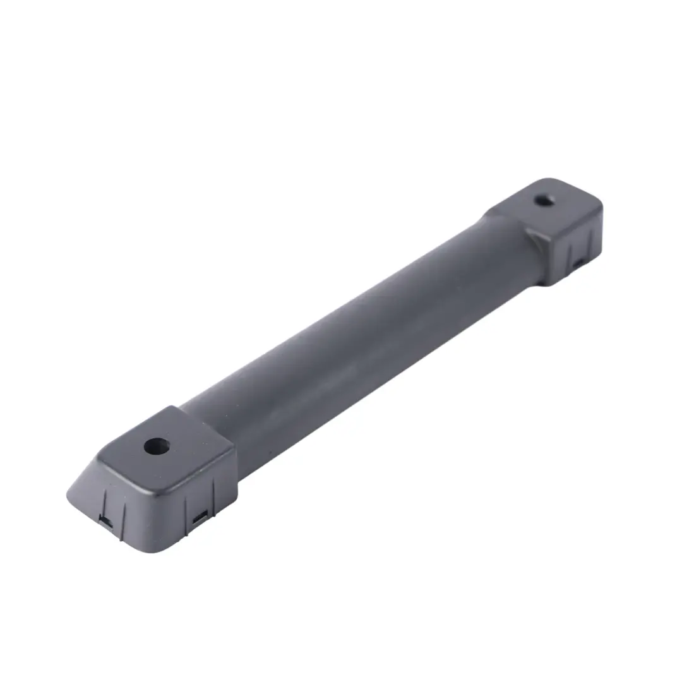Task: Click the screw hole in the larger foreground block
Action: pos(156,446)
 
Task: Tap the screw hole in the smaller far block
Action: pos(544,200)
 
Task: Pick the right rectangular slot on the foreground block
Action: pos(201,517)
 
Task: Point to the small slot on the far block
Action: pos(578,261)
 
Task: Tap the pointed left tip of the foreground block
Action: pos(68,494)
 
